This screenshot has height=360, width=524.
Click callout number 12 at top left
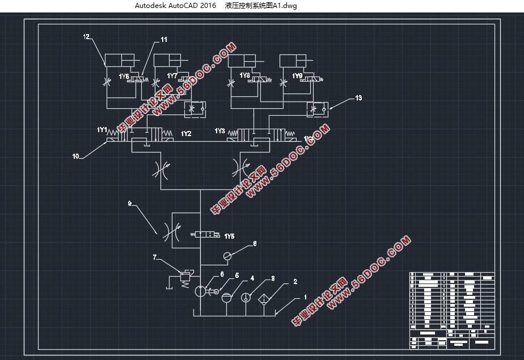86,37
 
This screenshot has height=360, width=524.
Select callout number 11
164,40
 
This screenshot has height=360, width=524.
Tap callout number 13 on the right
358,98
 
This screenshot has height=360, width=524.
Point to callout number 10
75,154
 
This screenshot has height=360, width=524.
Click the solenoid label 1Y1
102,130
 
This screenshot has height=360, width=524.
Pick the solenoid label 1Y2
186,134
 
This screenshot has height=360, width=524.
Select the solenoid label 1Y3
220,131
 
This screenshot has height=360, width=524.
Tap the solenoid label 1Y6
124,76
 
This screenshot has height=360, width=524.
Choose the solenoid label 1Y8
245,75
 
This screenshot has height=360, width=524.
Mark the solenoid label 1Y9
297,75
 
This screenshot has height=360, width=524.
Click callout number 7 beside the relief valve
154,257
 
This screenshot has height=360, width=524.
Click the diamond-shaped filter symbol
264,298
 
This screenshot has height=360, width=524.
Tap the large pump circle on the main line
201,291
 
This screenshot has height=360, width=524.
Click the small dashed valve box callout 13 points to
318,108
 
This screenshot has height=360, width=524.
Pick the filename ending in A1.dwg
261,6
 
